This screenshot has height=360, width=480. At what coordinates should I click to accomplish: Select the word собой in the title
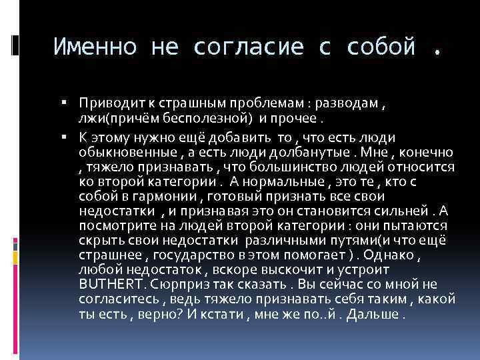pyautogui.click(x=377, y=47)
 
